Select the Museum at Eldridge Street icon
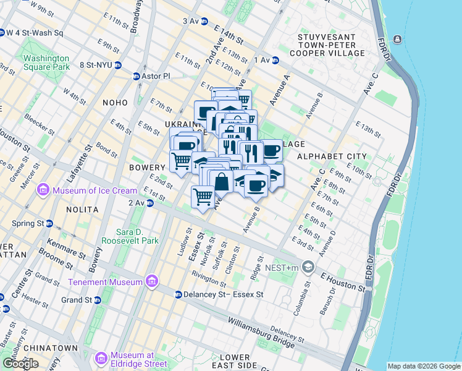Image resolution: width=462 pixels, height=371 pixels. pos(102,359)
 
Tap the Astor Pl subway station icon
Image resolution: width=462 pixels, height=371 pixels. pos(136,76)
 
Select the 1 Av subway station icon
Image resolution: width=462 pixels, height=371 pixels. pos(275,60)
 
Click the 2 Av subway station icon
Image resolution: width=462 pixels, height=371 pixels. pos(149,203)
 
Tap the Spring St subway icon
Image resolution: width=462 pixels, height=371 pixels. pos(49,223)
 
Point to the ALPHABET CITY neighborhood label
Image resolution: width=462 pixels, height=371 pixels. pos(332,157)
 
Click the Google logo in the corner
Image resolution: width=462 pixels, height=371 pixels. pos(20,364)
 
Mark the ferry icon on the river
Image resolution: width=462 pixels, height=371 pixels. pos(397,40)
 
